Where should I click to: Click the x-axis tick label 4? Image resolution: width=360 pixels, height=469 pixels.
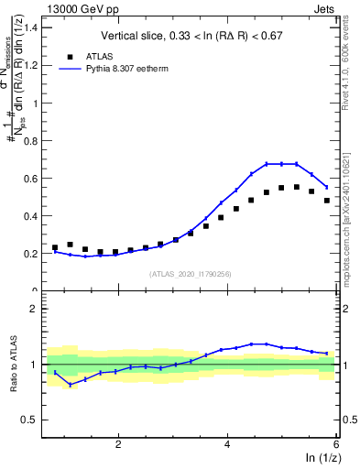(227, 444)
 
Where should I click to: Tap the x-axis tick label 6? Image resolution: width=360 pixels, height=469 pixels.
(335, 444)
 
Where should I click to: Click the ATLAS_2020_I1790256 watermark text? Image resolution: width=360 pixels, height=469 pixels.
(191, 274)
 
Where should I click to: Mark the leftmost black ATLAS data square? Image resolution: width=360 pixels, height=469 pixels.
(55, 247)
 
